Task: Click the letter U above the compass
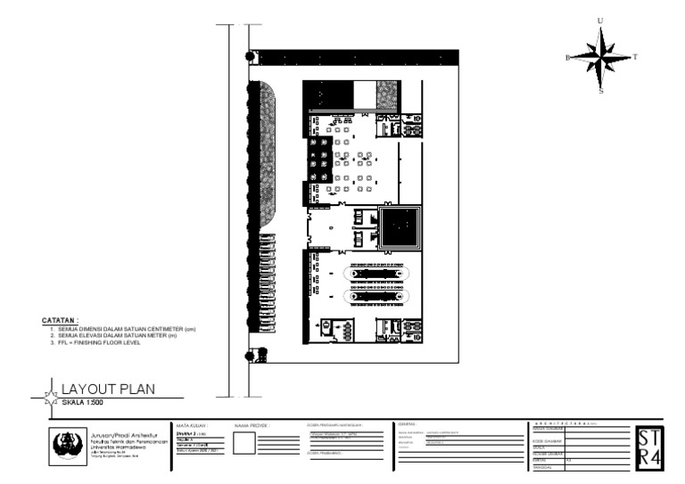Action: [600, 21]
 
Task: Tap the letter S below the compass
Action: [600, 91]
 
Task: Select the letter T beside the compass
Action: [634, 57]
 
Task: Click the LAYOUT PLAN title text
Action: [108, 389]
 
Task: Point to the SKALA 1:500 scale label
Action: [82, 402]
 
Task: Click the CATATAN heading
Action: [60, 319]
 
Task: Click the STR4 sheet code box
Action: [648, 446]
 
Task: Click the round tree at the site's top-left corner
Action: [252, 57]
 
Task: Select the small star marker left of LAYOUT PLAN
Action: [52, 392]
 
